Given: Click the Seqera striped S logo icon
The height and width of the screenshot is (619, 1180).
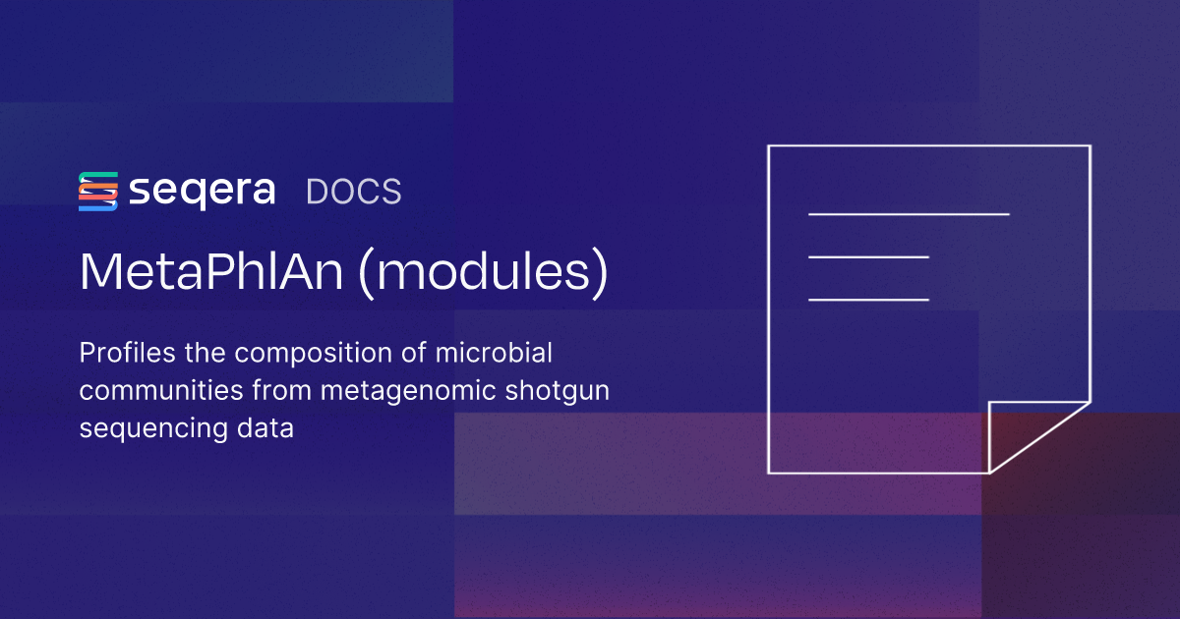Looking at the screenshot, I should click(98, 191).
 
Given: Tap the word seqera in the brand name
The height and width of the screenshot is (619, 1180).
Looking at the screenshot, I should click(203, 191).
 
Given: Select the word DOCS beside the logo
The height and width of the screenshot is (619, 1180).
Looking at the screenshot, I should click(354, 192).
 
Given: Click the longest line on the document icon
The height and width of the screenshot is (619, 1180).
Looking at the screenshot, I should click(909, 213).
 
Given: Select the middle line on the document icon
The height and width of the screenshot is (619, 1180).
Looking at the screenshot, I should click(868, 256).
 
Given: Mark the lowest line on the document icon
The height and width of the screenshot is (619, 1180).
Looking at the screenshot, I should click(868, 299).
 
